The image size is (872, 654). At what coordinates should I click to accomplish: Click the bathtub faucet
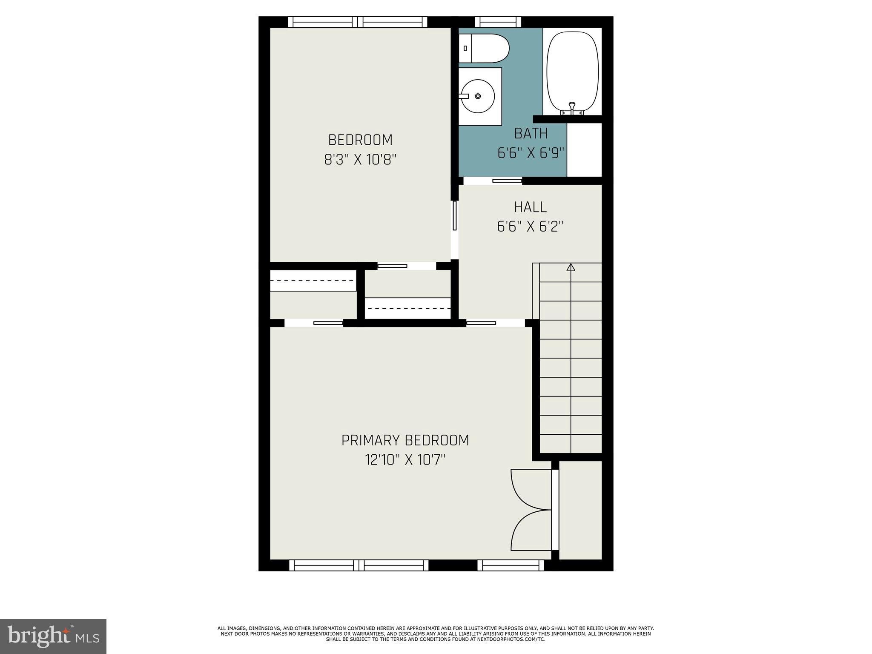[572, 106]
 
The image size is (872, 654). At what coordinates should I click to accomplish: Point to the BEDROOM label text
[360, 140]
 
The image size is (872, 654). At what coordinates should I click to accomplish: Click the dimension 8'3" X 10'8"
[360, 160]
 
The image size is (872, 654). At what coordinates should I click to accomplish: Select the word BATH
[531, 134]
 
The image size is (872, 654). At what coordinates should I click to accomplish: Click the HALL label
[530, 207]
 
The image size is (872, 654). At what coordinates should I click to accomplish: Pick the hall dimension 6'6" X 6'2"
[530, 227]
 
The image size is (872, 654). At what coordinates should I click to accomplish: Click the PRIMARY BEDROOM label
[405, 440]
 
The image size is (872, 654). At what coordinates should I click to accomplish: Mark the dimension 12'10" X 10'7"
[405, 460]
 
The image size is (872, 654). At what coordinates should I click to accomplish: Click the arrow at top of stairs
[571, 267]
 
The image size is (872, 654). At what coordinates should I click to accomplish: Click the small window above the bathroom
[498, 22]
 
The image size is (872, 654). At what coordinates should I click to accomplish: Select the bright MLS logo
[53, 636]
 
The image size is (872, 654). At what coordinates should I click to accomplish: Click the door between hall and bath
[507, 181]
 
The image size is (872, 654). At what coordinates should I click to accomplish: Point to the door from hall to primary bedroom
[481, 323]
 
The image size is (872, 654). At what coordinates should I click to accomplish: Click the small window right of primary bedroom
[511, 565]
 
